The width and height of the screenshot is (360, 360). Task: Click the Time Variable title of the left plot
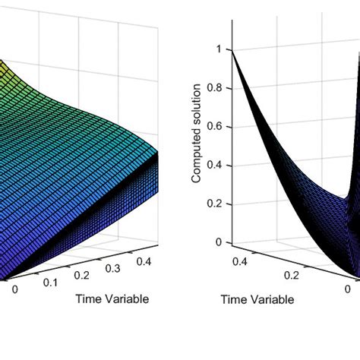(x=112, y=298)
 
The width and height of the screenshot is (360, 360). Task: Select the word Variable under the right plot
(x=271, y=300)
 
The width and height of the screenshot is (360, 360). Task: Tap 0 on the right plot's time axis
(x=346, y=289)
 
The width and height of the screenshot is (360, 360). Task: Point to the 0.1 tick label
(x=50, y=282)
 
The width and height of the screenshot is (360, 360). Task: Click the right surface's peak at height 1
(x=233, y=51)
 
